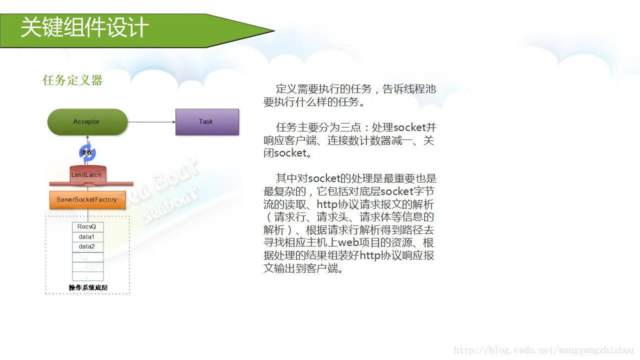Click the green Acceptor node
pyautogui.click(x=87, y=121)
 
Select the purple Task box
pyautogui.click(x=207, y=122)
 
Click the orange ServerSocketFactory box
pyautogui.click(x=87, y=200)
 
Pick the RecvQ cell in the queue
pyautogui.click(x=87, y=227)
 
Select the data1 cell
pyautogui.click(x=87, y=237)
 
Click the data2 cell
pyautogui.click(x=87, y=247)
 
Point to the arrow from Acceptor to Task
pyautogui.click(x=151, y=122)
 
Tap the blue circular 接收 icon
pyautogui.click(x=87, y=152)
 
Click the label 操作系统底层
pyautogui.click(x=88, y=287)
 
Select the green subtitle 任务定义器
pyautogui.click(x=72, y=80)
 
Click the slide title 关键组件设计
pyautogui.click(x=84, y=27)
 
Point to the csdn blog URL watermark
pyautogui.click(x=543, y=350)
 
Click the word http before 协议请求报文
pyautogui.click(x=327, y=204)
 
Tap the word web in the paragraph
pyautogui.click(x=348, y=242)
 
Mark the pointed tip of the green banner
pyautogui.click(x=275, y=30)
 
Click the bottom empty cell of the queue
pyautogui.click(x=87, y=276)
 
